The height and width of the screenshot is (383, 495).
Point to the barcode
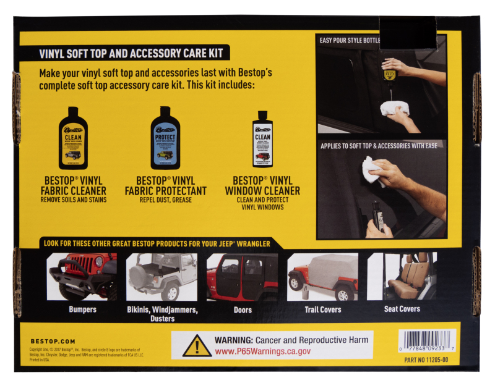pos(429,340)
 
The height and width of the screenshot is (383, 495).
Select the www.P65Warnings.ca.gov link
pos(262,351)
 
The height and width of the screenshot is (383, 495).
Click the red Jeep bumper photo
pos(82,276)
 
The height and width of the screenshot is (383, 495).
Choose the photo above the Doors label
pos(243,276)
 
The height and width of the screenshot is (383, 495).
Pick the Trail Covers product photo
pos(322,276)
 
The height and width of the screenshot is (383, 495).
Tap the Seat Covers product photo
pos(402,276)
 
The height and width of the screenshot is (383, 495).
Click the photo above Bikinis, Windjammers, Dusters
pos(162,276)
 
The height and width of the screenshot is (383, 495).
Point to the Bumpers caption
pos(82,309)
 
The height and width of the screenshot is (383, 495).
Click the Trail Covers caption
pos(322,309)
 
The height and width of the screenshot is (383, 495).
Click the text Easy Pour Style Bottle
pos(350,41)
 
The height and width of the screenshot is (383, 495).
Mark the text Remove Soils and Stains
pos(73,200)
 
